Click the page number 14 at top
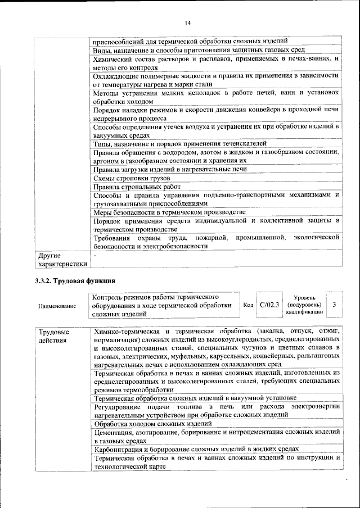188,23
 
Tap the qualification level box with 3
334,305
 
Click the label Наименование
57,306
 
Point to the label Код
248,305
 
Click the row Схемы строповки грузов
132,178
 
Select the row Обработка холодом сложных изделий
152,423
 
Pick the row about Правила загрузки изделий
170,169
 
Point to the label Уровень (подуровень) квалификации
304,305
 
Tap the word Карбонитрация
119,449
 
